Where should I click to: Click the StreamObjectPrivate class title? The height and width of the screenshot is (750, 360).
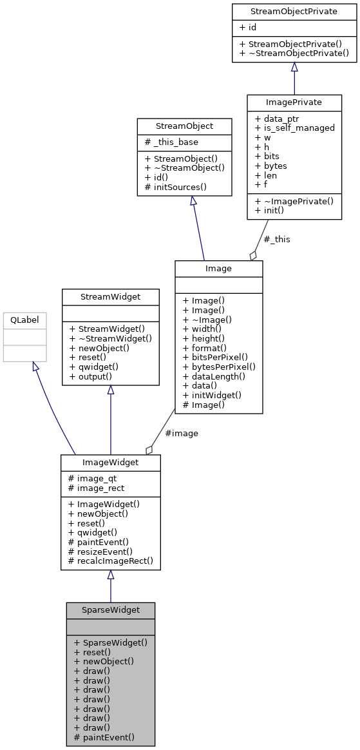[294, 11]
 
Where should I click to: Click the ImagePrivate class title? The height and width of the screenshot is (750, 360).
[294, 102]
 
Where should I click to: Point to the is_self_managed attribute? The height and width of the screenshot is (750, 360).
[295, 128]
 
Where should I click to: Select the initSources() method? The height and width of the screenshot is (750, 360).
[175, 187]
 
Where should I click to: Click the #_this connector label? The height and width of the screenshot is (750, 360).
[277, 239]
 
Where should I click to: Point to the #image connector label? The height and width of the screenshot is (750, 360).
[182, 433]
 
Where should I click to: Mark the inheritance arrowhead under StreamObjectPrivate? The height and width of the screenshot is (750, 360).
[294, 67]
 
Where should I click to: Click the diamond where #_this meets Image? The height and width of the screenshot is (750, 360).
[253, 255]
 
